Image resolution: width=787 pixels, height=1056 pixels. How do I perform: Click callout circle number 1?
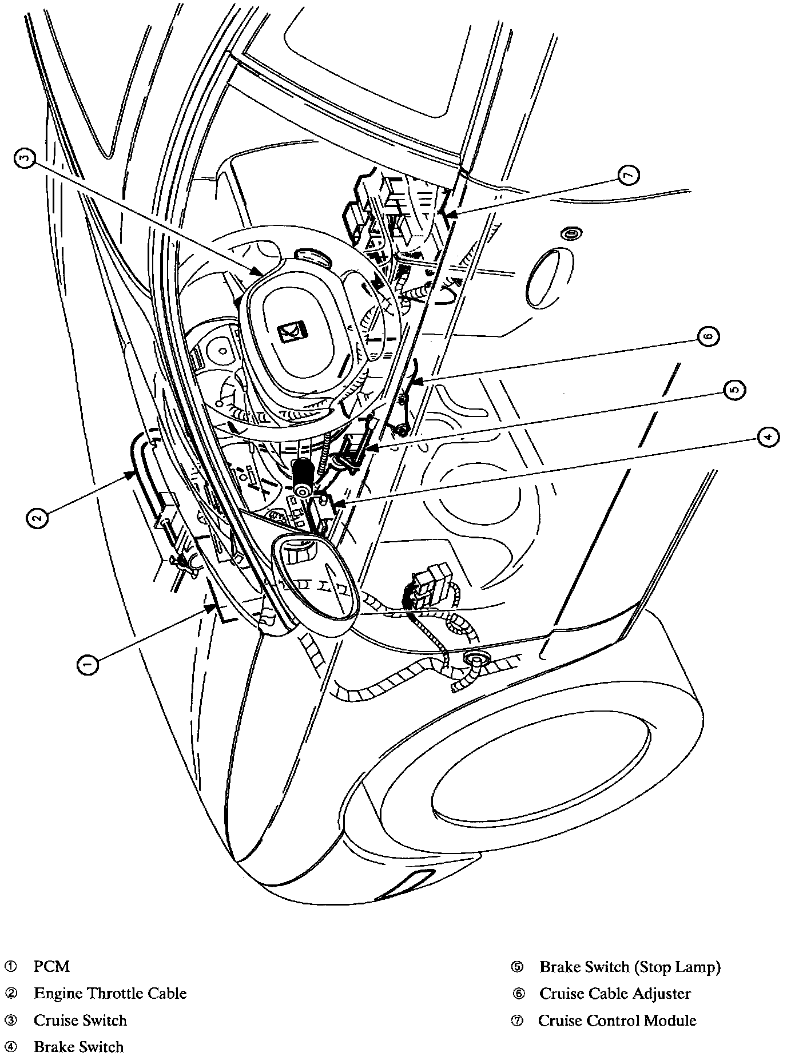[87, 663]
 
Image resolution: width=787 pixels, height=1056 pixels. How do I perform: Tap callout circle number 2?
[37, 519]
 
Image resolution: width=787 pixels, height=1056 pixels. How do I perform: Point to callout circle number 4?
[767, 437]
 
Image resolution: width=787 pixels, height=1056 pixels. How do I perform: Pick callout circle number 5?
[734, 390]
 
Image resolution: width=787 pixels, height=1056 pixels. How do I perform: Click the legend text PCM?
[51, 966]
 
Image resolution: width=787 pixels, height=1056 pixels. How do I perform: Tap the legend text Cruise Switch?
[80, 1020]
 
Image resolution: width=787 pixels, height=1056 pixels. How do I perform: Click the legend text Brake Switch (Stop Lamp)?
[630, 967]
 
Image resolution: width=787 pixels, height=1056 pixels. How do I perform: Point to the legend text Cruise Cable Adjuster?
[615, 994]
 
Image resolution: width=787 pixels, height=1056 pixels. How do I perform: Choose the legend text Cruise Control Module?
[617, 1020]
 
